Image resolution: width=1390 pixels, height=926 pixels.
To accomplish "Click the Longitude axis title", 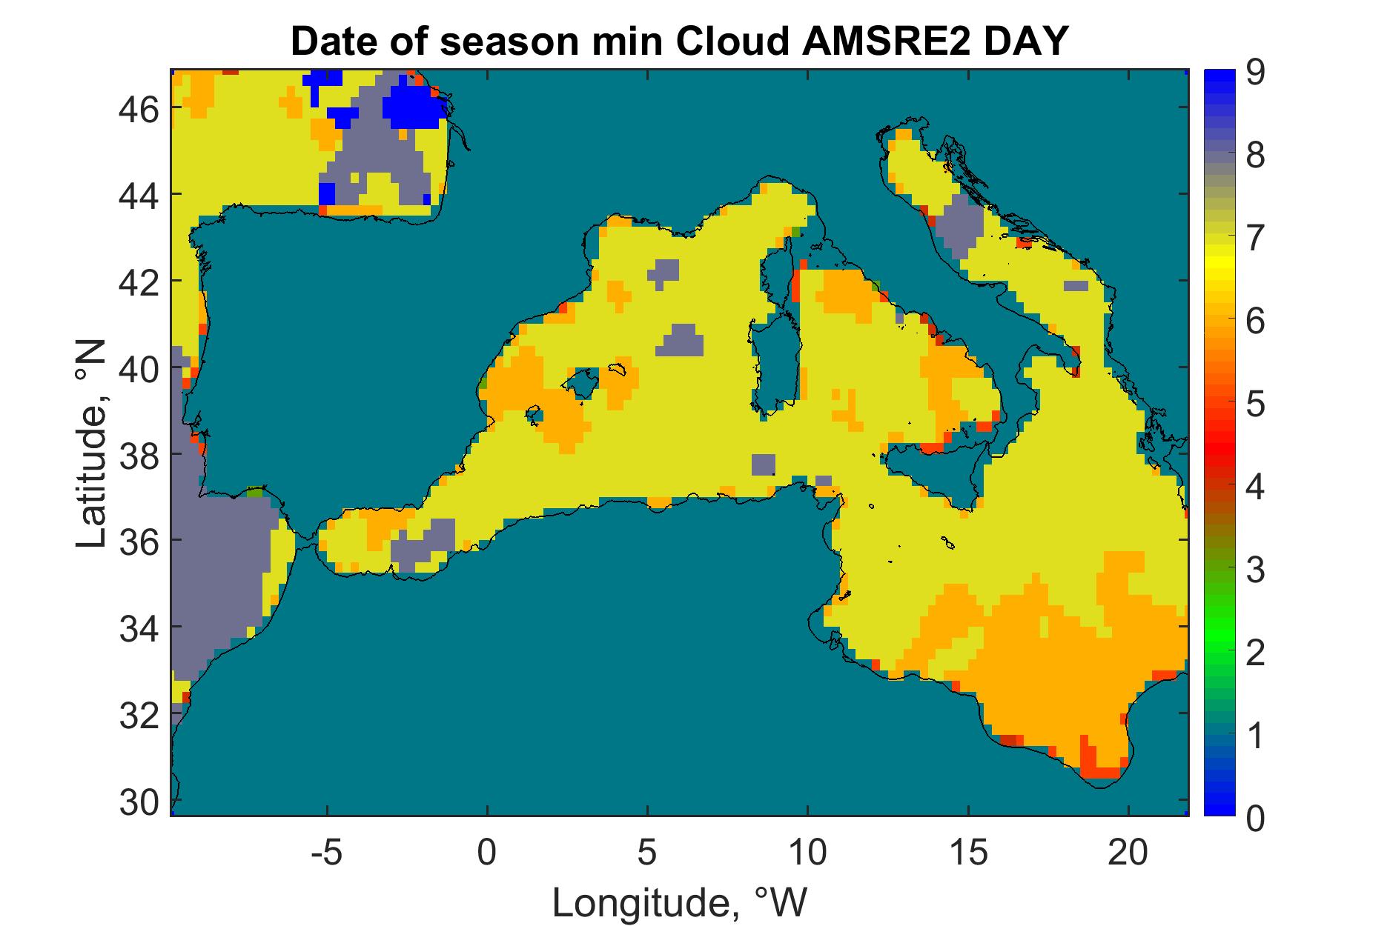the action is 678,903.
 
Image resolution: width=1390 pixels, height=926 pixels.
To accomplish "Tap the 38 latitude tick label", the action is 141,454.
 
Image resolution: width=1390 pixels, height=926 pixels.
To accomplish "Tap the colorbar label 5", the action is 1256,405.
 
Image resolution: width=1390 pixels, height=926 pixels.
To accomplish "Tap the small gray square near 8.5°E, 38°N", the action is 763,464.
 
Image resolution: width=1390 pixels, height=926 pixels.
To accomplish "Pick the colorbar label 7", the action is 1256,239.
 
